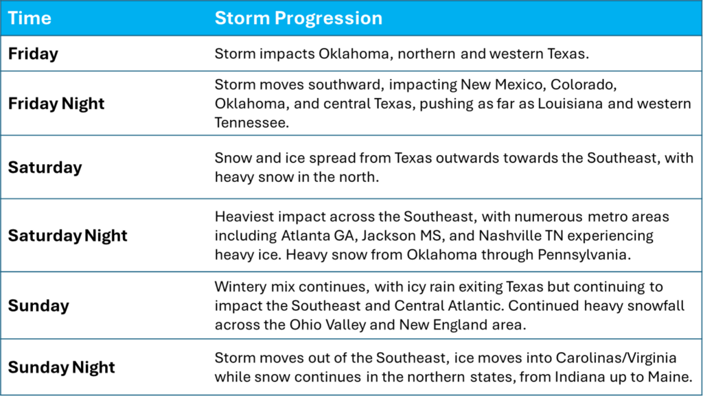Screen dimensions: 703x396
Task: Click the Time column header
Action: click(x=30, y=19)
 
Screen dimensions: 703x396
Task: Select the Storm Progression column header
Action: click(x=299, y=19)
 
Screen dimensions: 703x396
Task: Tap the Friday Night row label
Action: click(x=56, y=104)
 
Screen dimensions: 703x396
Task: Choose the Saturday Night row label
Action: click(x=68, y=235)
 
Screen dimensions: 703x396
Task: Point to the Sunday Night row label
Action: click(x=61, y=367)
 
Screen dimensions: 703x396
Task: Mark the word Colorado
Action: click(x=581, y=85)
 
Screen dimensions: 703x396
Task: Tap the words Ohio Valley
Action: click(x=327, y=325)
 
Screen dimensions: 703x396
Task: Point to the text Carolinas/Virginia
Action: click(x=616, y=358)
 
